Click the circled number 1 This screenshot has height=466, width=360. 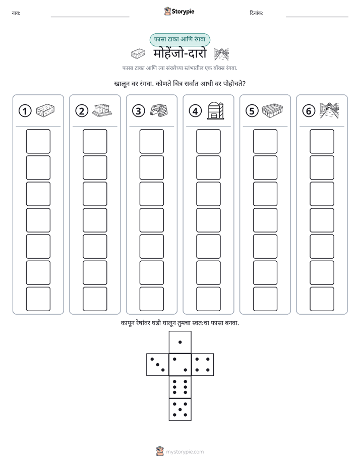tap(25, 111)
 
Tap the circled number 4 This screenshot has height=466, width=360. tap(195, 111)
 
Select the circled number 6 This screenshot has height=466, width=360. tap(309, 111)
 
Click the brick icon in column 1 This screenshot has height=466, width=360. tap(45, 110)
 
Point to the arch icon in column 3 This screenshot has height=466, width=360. tap(159, 110)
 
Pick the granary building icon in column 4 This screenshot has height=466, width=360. tap(216, 110)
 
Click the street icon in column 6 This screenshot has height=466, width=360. tap(329, 110)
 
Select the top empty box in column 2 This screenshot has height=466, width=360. tap(95, 141)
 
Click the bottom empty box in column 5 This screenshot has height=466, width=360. tap(265, 299)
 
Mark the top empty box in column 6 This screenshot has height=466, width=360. tap(322, 141)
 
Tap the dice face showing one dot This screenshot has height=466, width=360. tap(180, 342)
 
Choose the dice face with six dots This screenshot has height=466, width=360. tap(180, 387)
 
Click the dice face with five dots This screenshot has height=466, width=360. tap(180, 410)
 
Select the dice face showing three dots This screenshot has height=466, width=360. tap(158, 365)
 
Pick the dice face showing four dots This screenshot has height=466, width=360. tap(203, 365)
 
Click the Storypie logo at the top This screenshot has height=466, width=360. tap(179, 12)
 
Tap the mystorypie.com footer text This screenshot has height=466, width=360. tap(185, 452)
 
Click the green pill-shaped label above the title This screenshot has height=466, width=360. tap(179, 39)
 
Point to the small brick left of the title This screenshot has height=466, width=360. tap(138, 53)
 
